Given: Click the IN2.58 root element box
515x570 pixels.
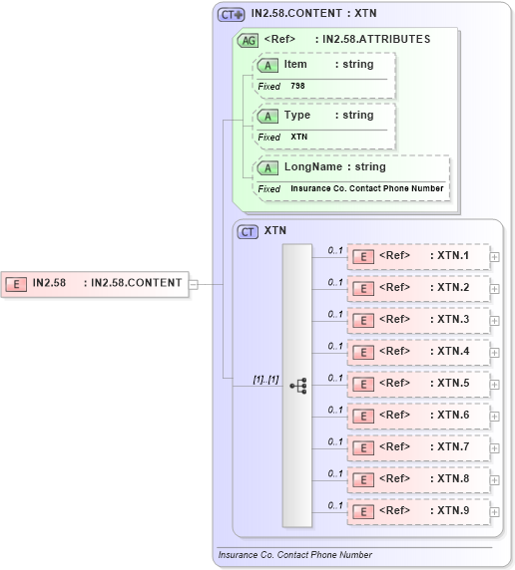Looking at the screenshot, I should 94,283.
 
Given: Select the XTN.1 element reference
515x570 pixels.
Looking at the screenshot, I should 417,256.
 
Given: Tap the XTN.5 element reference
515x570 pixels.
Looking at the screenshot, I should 417,384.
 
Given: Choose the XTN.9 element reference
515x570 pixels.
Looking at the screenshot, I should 417,511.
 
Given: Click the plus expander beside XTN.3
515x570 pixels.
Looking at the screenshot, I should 494,321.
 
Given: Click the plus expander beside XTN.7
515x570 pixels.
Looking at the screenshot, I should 494,448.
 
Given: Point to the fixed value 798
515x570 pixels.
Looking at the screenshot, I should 298,87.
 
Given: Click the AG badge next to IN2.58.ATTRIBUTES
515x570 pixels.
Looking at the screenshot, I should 247,40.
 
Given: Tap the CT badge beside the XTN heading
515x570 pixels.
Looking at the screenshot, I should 248,231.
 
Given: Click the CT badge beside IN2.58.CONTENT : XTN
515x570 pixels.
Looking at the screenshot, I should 231,15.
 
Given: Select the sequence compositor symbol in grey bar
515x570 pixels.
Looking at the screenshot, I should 297,385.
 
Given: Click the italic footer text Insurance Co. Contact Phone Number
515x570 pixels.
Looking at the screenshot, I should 295,555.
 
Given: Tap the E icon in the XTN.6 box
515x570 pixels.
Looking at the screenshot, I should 365,416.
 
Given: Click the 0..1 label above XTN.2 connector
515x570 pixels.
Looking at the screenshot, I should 335,281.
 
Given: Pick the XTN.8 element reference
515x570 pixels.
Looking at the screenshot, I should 417,479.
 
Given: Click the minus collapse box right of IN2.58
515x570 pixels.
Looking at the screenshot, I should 194,284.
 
